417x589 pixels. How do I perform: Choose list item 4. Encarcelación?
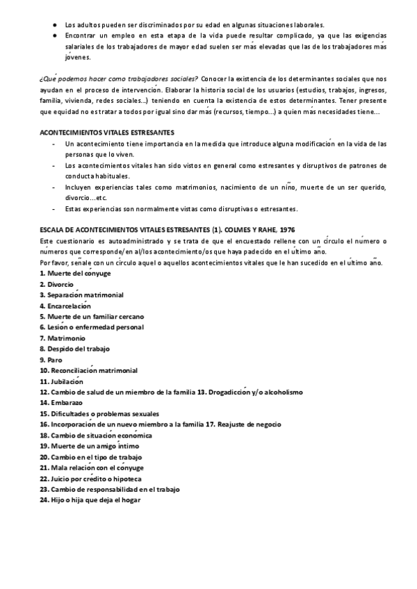click(65, 306)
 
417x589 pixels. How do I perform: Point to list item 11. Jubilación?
click(62, 381)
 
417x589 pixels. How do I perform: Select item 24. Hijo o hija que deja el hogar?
click(90, 499)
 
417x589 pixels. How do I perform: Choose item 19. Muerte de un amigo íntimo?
click(86, 445)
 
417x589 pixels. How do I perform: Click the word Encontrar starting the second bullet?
click(81, 35)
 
